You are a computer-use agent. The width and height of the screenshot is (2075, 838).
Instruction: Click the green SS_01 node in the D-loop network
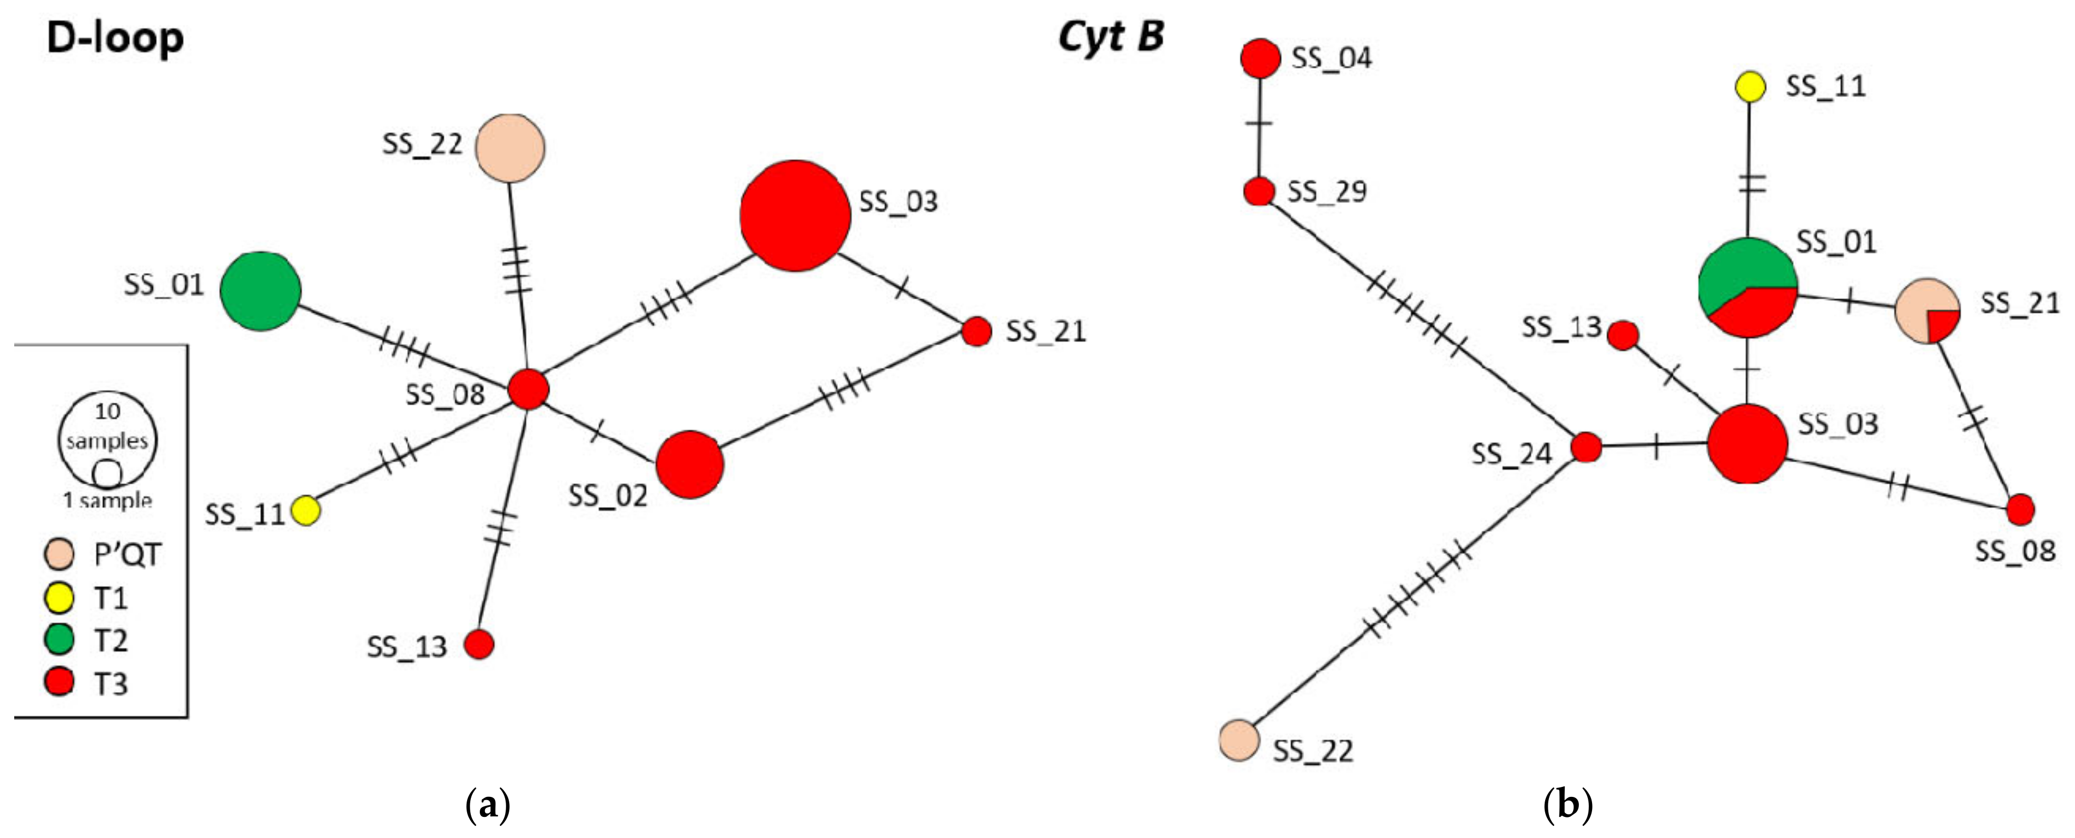(x=260, y=291)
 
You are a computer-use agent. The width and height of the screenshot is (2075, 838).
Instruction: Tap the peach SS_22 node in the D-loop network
(x=510, y=148)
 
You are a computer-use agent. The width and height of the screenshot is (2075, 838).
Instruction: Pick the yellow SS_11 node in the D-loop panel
(x=305, y=510)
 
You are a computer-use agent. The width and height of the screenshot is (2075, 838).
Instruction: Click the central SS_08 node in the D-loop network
(x=528, y=389)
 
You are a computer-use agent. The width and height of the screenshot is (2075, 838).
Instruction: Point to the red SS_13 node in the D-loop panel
(x=479, y=644)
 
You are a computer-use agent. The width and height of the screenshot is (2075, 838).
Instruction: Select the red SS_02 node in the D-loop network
(x=689, y=464)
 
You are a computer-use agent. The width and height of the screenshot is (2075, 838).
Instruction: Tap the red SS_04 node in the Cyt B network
(x=1260, y=58)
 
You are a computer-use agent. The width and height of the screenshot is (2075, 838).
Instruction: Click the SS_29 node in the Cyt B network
(x=1259, y=192)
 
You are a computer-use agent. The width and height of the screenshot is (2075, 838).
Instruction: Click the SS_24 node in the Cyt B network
(x=1586, y=446)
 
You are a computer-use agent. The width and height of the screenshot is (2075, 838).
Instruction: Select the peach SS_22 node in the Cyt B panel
(x=1239, y=739)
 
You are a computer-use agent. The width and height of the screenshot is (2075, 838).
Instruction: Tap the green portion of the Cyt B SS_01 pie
(x=1732, y=270)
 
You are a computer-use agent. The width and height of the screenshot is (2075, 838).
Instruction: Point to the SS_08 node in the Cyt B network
(x=2020, y=509)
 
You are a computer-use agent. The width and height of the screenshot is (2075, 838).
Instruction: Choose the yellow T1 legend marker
(x=59, y=598)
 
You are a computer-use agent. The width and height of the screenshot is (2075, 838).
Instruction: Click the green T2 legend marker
(x=59, y=640)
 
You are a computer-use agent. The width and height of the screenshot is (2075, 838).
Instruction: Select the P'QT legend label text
(x=127, y=554)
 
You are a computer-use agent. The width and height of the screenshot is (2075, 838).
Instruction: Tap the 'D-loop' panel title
(x=115, y=38)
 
